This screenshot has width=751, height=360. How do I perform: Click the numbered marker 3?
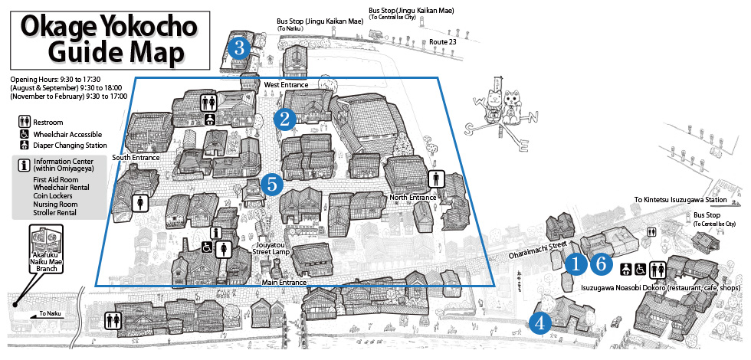point(239,47)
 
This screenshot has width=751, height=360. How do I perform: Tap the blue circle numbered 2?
point(285,119)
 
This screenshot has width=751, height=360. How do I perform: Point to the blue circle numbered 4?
point(540,323)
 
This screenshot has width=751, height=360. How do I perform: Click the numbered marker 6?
point(602,263)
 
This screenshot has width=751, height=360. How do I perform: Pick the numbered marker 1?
point(576,263)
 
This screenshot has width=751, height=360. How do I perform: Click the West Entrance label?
point(286,85)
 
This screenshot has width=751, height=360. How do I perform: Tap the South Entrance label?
point(136,157)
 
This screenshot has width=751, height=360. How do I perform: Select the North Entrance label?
point(412,198)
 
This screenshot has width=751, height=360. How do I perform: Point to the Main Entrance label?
point(284,283)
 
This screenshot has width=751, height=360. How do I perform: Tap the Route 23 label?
point(443,42)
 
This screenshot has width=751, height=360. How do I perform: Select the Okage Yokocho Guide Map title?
point(109,40)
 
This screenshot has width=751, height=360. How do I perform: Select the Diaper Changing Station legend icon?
point(24,145)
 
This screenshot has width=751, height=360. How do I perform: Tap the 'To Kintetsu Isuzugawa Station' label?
point(680,200)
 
